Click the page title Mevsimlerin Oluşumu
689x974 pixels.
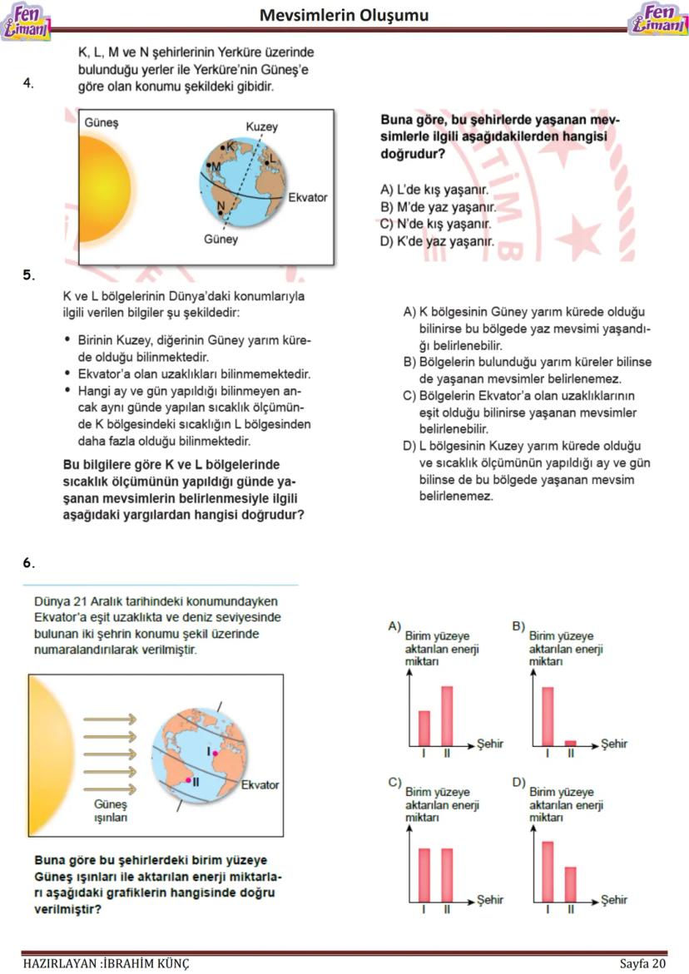(344, 16)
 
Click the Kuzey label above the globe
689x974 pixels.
(262, 126)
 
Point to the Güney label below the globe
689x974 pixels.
(221, 240)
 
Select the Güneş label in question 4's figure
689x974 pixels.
(102, 122)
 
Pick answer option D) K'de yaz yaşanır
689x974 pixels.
(438, 242)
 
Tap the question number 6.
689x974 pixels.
(28, 563)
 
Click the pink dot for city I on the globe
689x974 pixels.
(215, 752)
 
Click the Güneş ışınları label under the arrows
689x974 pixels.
(108, 811)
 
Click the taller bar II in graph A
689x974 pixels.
(447, 716)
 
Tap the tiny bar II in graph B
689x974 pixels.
(570, 743)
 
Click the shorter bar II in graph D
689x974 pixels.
(570, 885)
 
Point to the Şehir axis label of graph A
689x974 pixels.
(490, 744)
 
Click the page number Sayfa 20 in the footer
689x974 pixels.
(643, 964)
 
